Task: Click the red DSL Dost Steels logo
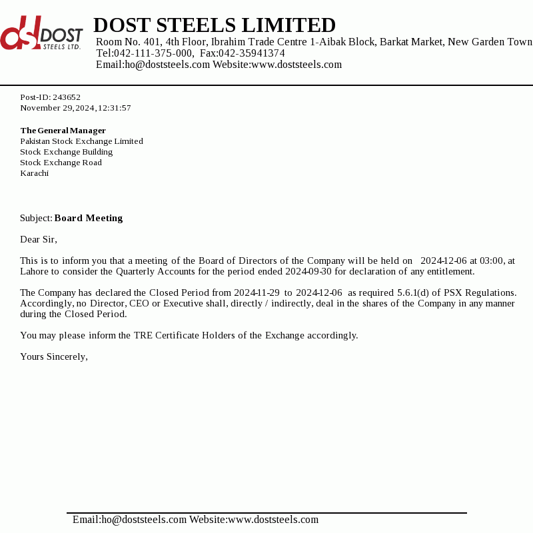pyautogui.click(x=41, y=34)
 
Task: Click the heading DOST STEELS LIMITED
pyautogui.click(x=215, y=25)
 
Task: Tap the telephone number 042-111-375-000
pyautogui.click(x=153, y=53)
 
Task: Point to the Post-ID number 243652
pyautogui.click(x=67, y=97)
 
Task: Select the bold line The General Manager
pyautogui.click(x=63, y=131)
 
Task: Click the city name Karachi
pyautogui.click(x=34, y=173)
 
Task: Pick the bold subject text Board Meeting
pyautogui.click(x=89, y=218)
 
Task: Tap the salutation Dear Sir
pyautogui.click(x=39, y=239)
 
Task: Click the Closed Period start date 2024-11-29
pyautogui.click(x=257, y=292)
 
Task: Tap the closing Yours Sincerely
pyautogui.click(x=54, y=356)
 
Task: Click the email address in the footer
pyautogui.click(x=129, y=520)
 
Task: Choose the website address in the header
pyautogui.click(x=296, y=65)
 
